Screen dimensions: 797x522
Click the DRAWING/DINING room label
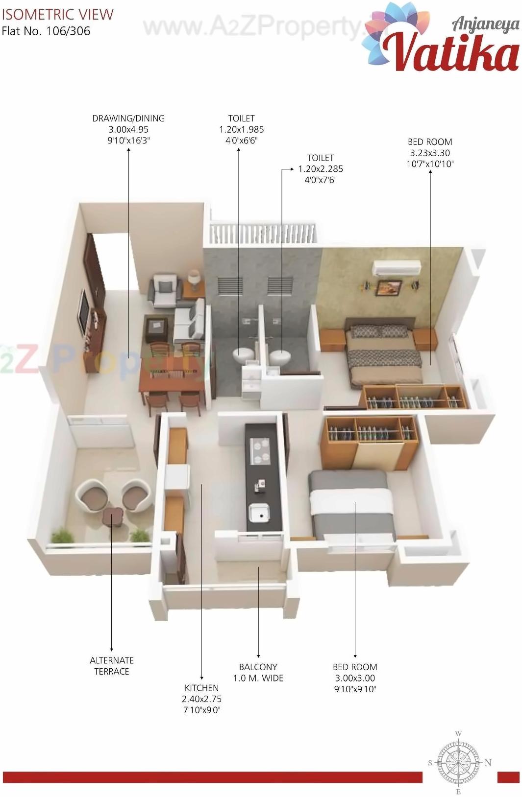click(128, 118)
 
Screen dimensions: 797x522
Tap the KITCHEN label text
click(201, 688)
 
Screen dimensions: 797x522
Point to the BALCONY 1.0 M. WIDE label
click(258, 672)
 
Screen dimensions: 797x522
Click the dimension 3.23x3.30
click(430, 153)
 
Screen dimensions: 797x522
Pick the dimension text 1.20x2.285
click(321, 169)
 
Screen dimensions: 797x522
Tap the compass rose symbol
click(458, 762)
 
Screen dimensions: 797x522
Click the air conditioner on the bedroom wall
click(397, 267)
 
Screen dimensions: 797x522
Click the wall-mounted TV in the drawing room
click(84, 313)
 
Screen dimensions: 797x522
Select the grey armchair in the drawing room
click(165, 290)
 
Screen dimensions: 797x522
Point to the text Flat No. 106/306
click(46, 31)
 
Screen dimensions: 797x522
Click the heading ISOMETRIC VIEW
click(57, 14)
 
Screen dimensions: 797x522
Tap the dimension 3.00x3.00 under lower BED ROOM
click(355, 678)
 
